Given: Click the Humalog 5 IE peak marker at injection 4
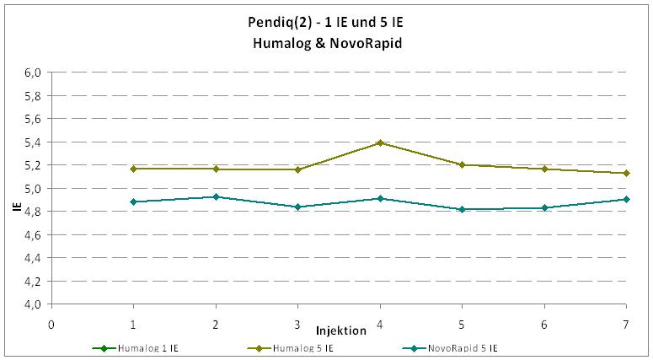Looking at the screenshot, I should click(x=380, y=142).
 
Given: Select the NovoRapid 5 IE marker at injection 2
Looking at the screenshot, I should click(x=216, y=196).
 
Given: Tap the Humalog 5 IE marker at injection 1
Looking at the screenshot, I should click(x=134, y=169).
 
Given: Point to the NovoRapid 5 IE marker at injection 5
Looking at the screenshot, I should click(x=462, y=209).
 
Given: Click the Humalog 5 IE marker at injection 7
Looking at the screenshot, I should click(x=626, y=173).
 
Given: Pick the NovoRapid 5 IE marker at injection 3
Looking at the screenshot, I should click(x=298, y=207).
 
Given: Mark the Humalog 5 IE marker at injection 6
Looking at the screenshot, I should click(x=544, y=169).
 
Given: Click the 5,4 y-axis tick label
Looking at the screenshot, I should click(x=32, y=142).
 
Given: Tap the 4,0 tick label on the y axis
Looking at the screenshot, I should click(x=32, y=304).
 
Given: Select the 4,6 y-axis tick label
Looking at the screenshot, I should click(x=32, y=235).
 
